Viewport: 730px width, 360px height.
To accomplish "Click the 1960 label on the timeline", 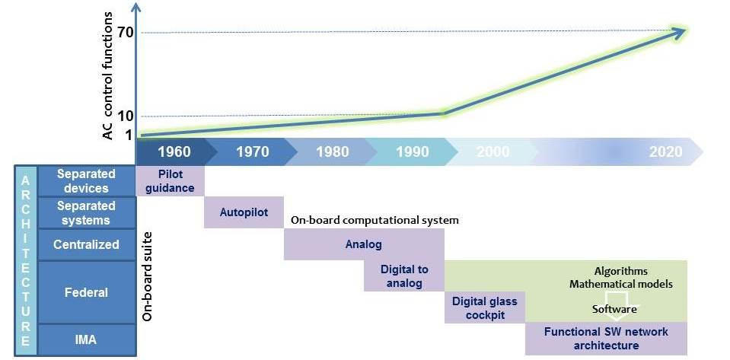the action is point(174,151).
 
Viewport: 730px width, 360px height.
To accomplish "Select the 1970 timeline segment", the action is point(252,151).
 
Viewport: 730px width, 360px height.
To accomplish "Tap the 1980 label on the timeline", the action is point(333,151).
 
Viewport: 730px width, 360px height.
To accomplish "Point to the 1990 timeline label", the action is point(413,151).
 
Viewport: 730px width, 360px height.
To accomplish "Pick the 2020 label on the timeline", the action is point(666,151).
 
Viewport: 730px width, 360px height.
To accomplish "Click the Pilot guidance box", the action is point(170,180).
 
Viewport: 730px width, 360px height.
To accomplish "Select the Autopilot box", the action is point(244,212).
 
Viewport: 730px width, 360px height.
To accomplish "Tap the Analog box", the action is point(364,244).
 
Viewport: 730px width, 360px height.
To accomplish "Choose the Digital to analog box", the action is point(404,276).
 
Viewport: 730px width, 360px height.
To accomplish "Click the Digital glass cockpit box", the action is point(485,307).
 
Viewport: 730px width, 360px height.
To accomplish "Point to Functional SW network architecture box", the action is point(606,339).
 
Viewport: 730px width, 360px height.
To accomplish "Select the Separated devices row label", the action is point(86,181).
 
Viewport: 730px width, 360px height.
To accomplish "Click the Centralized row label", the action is point(86,244).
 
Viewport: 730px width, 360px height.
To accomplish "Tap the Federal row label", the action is point(86,292).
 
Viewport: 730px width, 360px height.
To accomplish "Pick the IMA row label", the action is point(86,340).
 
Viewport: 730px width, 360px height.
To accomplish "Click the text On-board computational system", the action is point(375,220).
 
